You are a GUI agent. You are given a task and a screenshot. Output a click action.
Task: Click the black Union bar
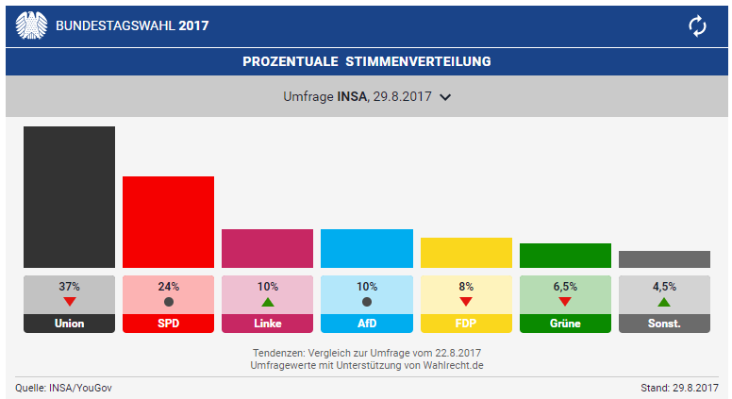pyautogui.click(x=69, y=196)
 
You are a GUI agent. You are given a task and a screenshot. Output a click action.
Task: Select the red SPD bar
pyautogui.click(x=168, y=222)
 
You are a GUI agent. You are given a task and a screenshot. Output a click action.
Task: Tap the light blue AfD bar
pyautogui.click(x=366, y=248)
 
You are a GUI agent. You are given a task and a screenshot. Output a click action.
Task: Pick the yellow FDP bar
pyautogui.click(x=466, y=252)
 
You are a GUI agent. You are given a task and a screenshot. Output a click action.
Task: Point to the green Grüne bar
pyautogui.click(x=565, y=255)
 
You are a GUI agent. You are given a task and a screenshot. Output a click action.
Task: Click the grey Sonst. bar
pyautogui.click(x=664, y=258)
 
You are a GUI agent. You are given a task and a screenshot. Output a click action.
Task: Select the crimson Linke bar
pyautogui.click(x=267, y=248)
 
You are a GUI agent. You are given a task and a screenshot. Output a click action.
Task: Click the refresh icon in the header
pyautogui.click(x=697, y=25)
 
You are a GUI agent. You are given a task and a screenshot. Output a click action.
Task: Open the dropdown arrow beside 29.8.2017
pyautogui.click(x=446, y=96)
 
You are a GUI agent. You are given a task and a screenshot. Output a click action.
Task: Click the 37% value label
pyautogui.click(x=69, y=286)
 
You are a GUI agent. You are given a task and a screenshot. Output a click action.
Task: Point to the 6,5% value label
pyautogui.click(x=565, y=286)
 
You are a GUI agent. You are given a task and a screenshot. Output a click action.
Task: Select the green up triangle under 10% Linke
pyautogui.click(x=267, y=302)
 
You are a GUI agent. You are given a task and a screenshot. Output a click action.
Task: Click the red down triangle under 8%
pyautogui.click(x=466, y=302)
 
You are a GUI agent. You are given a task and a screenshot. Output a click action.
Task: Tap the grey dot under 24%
pyautogui.click(x=168, y=302)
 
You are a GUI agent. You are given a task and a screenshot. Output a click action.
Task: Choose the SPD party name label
pyautogui.click(x=168, y=324)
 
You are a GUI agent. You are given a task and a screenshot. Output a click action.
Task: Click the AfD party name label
pyautogui.click(x=366, y=324)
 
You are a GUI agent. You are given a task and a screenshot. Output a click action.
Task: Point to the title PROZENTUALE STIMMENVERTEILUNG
pyautogui.click(x=366, y=62)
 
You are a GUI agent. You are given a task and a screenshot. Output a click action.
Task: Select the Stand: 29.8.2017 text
pyautogui.click(x=679, y=388)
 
